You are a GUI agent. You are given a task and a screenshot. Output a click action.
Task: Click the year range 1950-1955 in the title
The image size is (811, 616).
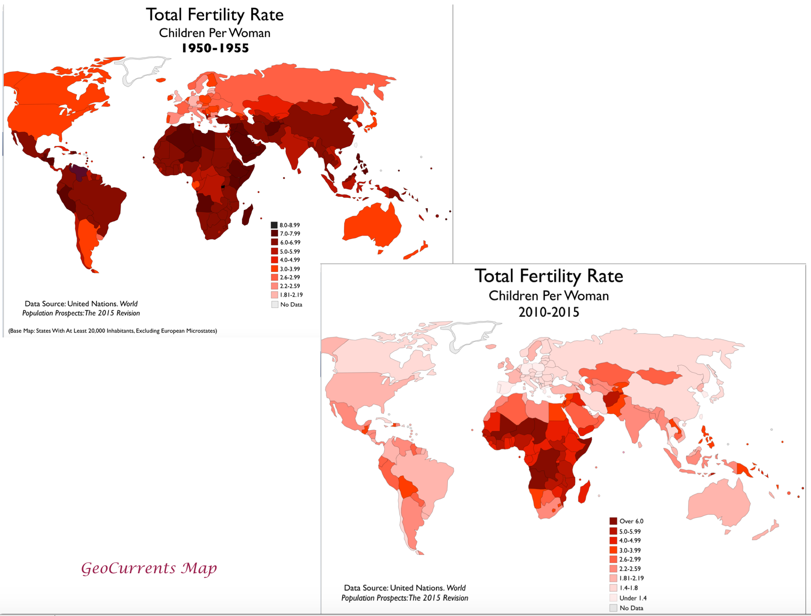215,48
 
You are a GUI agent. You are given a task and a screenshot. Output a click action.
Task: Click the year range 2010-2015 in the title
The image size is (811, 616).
548,312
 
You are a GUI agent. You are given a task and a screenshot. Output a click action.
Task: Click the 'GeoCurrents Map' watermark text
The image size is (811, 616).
149,568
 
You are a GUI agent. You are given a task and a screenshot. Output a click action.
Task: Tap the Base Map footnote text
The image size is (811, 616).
113,331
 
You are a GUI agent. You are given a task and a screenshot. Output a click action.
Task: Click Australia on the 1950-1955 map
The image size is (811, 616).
372,225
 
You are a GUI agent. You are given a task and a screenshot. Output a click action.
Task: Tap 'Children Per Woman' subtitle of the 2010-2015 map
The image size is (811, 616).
548,296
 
